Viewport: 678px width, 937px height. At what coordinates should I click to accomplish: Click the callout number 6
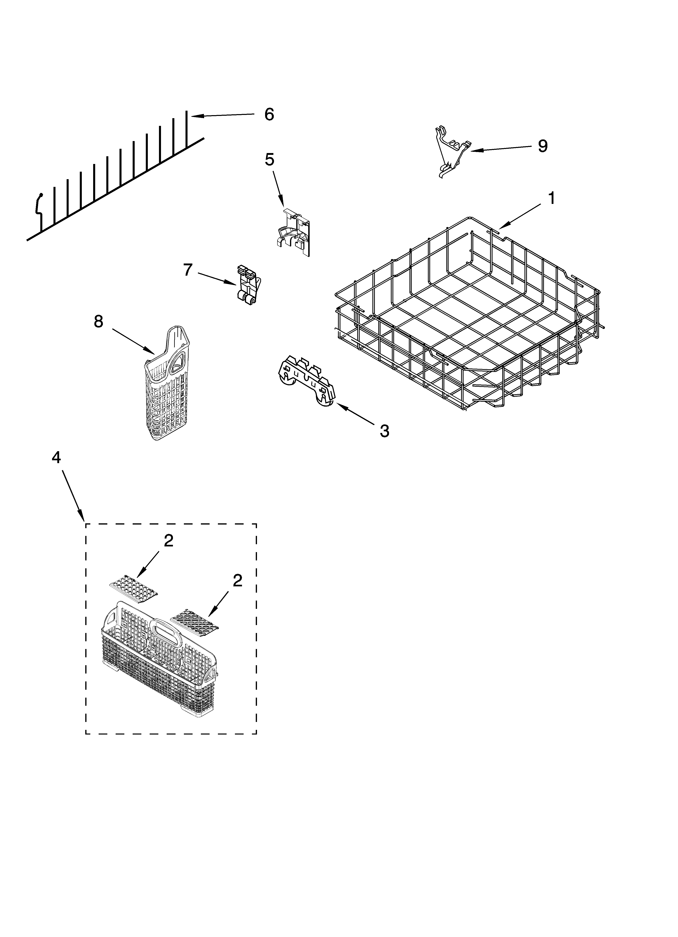click(x=269, y=115)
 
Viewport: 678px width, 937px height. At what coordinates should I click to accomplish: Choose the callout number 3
click(x=384, y=431)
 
